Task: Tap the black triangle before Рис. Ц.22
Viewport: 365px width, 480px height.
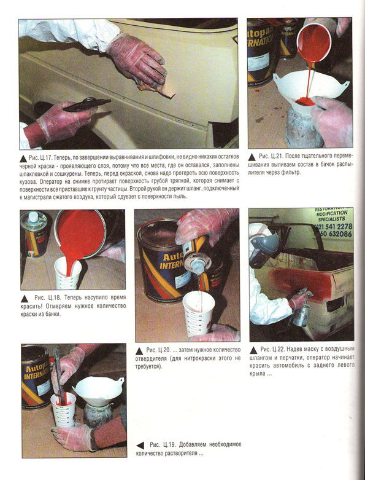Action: tap(253, 350)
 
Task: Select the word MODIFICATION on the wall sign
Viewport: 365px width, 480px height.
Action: tap(332, 213)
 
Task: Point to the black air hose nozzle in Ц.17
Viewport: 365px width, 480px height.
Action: tap(86, 104)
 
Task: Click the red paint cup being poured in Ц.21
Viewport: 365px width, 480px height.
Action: tap(314, 42)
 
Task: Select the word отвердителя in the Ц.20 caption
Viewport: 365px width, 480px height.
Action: tap(151, 358)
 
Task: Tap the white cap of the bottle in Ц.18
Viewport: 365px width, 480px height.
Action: tap(33, 217)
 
